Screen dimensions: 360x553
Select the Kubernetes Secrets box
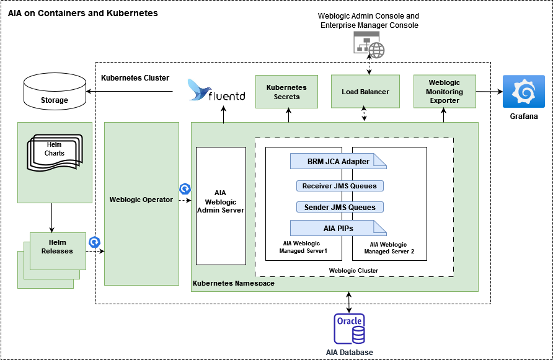286,92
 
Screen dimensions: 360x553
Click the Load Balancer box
365,92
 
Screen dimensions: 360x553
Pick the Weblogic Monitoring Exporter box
445,92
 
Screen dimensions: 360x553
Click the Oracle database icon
350,329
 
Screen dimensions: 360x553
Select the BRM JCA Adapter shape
338,162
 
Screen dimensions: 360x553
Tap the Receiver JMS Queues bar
339,186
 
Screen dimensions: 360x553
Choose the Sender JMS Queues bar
339,207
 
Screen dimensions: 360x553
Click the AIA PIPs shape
338,228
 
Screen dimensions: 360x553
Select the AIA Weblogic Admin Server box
220,201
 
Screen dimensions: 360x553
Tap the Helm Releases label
57,247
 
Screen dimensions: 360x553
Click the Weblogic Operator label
141,200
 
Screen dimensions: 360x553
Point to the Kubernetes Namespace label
234,284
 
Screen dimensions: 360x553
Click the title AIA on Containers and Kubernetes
82,13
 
